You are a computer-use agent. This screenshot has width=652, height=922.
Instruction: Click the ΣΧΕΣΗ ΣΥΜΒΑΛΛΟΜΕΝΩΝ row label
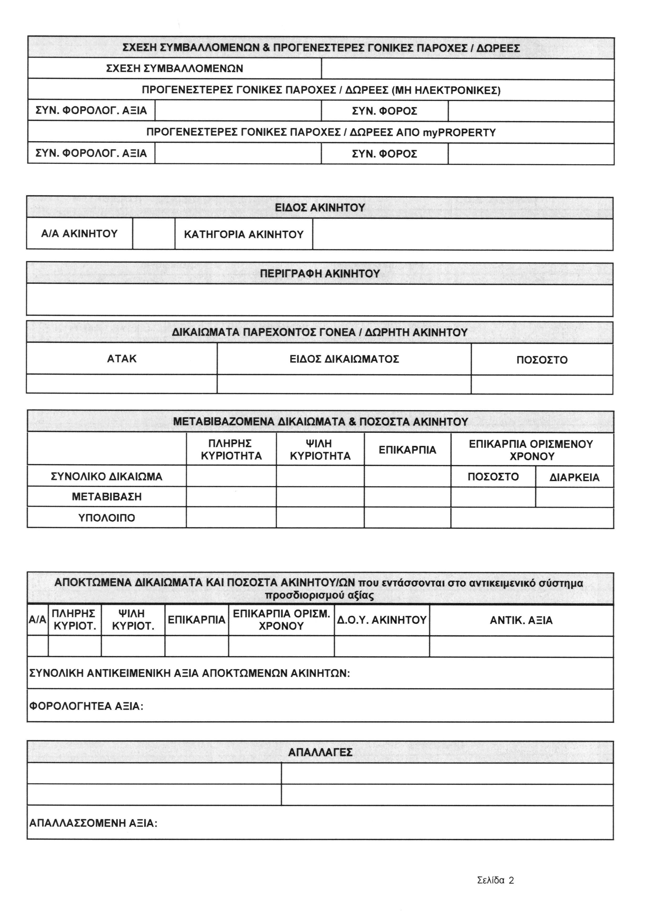pos(175,69)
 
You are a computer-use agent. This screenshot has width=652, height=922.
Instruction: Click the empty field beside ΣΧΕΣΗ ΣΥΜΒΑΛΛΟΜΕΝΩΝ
pos(467,69)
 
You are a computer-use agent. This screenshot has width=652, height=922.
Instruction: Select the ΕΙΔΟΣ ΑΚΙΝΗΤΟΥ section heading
pos(320,208)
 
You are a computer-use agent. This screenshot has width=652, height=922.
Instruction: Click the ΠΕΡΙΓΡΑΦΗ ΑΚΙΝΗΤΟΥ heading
pos(320,274)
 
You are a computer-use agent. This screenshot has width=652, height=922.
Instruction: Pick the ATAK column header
pos(122,359)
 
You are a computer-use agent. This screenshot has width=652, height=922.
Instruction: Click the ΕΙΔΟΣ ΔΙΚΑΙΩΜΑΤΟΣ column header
pos(344,359)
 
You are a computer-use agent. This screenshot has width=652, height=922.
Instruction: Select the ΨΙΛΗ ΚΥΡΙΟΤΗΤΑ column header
pos(320,450)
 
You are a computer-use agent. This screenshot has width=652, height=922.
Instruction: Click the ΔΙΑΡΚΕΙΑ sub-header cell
pos(574,477)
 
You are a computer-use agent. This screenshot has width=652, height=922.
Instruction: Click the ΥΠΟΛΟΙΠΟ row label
pos(107,518)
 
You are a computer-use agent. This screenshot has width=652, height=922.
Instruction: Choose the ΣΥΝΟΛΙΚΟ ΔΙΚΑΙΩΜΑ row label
pos(107,477)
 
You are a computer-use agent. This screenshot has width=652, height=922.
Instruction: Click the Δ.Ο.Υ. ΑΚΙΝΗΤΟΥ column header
pos(381,620)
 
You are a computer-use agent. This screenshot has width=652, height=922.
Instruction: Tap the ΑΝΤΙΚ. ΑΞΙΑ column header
pos(521,620)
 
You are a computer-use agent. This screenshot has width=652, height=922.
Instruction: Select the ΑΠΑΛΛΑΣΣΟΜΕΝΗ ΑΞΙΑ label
pos(93,824)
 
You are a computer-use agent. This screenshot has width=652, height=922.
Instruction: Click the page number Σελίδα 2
pos(495,881)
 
